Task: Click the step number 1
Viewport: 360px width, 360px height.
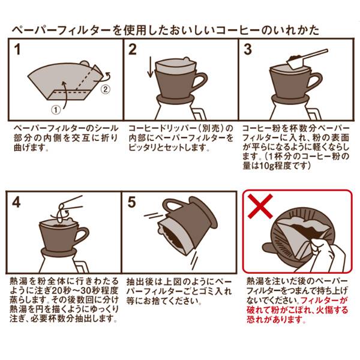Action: click(x=19, y=50)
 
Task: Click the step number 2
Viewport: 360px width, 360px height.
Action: click(x=133, y=50)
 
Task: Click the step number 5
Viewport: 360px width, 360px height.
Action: click(x=133, y=202)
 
